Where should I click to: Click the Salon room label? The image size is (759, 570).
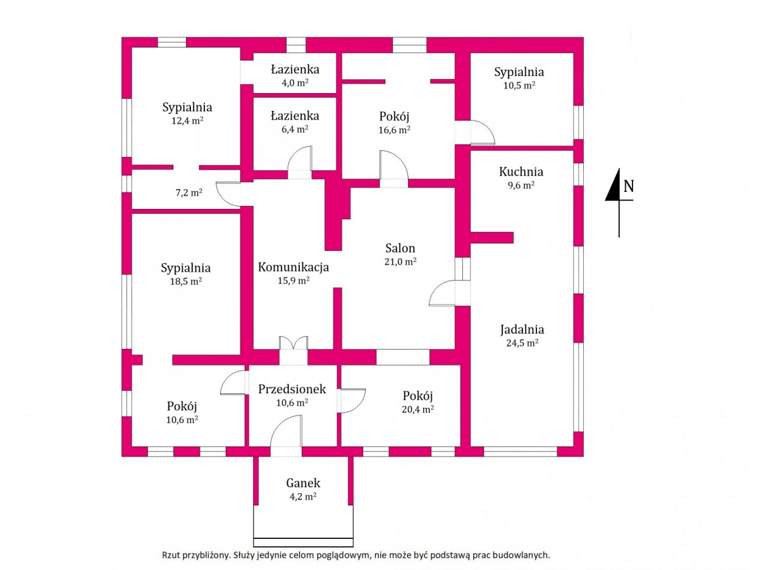400,248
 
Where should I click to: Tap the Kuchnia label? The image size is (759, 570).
521,172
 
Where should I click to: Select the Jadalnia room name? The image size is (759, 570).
522,329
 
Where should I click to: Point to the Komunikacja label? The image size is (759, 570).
293,267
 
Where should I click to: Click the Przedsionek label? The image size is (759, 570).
292,389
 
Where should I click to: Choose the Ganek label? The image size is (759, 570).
303,483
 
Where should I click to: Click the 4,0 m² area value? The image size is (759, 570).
295,83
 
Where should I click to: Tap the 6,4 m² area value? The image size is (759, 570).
295,129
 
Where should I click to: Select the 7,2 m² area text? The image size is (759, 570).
188,193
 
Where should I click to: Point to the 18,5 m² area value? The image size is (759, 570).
186,281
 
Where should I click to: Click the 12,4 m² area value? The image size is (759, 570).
187,120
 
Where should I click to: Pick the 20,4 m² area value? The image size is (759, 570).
417,409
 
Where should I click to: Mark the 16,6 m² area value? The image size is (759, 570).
394,130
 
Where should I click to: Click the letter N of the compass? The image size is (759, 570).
629,187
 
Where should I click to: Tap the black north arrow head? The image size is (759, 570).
613,185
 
